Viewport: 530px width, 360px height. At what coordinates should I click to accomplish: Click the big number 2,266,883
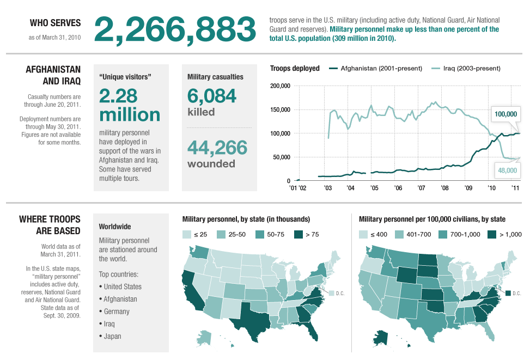click(x=175, y=29)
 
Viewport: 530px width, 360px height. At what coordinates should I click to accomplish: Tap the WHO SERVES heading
click(x=55, y=23)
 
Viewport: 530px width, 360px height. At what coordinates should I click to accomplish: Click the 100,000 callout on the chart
click(x=506, y=114)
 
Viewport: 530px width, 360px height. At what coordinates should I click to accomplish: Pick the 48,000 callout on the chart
click(x=507, y=170)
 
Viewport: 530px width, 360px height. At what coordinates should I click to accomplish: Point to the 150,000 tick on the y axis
click(x=281, y=109)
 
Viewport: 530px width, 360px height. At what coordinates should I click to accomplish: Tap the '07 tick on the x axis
click(x=421, y=188)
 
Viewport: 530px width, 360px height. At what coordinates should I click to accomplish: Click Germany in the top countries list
click(x=117, y=312)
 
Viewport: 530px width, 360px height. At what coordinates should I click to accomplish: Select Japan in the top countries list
click(x=112, y=336)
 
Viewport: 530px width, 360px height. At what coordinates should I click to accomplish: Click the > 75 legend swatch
click(x=299, y=235)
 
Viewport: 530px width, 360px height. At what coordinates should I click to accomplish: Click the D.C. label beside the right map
click(x=516, y=294)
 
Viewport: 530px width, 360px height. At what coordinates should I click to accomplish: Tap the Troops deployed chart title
click(x=295, y=68)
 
